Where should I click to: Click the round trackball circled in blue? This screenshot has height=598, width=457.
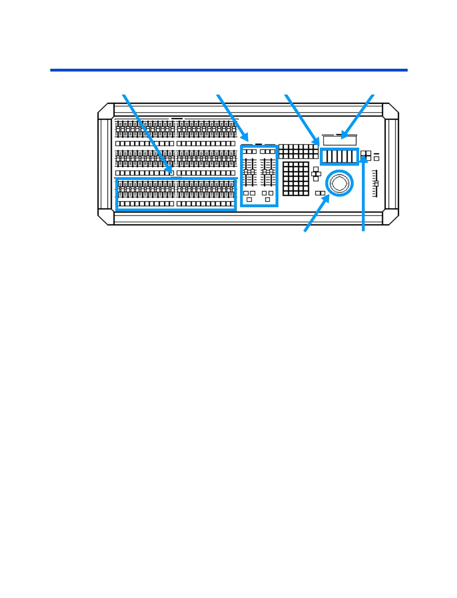339,183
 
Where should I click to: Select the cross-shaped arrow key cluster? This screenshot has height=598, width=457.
316,174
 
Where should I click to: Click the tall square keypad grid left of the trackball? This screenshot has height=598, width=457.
295,179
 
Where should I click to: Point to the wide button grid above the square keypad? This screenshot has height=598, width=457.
298,152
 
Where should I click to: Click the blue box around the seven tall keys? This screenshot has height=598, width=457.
339,156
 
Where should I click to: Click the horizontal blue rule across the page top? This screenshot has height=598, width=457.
228,70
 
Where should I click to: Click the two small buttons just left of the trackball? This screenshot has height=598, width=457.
320,193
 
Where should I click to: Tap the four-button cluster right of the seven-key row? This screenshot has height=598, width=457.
366,155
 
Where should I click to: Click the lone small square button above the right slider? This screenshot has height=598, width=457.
376,159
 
